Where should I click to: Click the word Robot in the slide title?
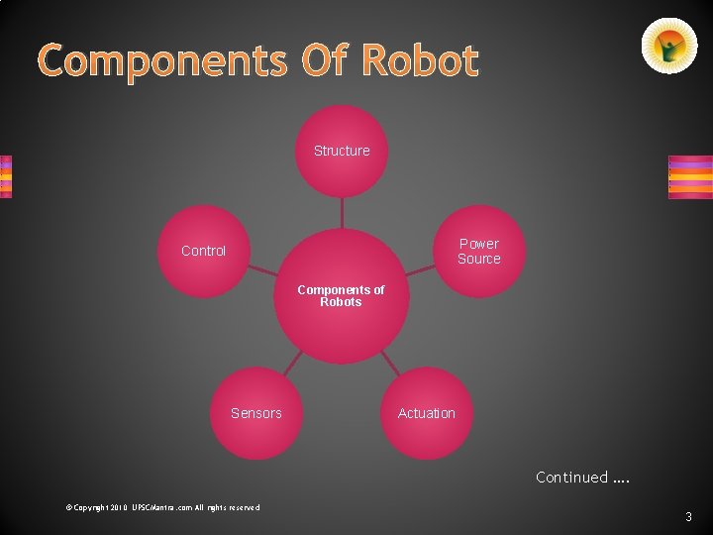click(x=420, y=61)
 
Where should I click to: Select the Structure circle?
click(x=342, y=151)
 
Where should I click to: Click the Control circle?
click(x=203, y=251)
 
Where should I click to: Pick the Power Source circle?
click(x=478, y=251)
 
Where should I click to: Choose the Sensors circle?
click(x=255, y=413)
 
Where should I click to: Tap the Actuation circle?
click(x=426, y=413)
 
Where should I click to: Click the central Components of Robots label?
click(x=341, y=295)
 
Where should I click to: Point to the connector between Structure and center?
click(x=342, y=212)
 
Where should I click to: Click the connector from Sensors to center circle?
click(x=291, y=365)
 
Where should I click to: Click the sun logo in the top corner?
click(x=669, y=46)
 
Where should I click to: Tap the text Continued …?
click(x=582, y=478)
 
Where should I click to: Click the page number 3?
click(x=687, y=516)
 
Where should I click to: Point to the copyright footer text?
click(x=162, y=507)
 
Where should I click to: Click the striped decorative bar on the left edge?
click(x=6, y=176)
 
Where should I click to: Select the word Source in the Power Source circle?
click(x=478, y=259)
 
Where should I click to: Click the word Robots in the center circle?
click(x=341, y=302)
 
